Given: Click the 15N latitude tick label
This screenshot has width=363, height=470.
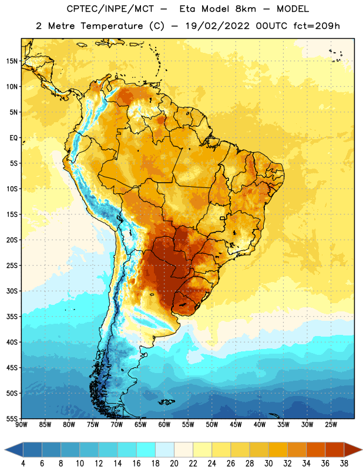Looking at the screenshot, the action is (x=12, y=61).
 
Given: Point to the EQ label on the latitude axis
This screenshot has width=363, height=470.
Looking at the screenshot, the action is (x=14, y=138).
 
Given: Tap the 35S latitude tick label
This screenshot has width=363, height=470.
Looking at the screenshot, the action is (x=12, y=317).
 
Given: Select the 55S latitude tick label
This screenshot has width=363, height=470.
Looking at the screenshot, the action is (x=12, y=418).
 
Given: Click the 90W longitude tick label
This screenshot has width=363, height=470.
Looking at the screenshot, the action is (x=21, y=424).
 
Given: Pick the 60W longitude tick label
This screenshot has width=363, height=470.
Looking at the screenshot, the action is (x=164, y=424).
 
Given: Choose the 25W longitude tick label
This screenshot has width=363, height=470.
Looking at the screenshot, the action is (x=331, y=424).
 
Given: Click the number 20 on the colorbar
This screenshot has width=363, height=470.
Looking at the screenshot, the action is (x=174, y=464).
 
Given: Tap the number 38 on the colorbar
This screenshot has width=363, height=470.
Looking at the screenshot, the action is (x=344, y=464).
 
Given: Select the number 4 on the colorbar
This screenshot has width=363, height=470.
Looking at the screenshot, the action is (x=23, y=464).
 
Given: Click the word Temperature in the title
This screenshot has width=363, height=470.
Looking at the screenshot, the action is (x=112, y=26).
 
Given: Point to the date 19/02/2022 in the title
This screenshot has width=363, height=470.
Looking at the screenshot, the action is (x=217, y=26).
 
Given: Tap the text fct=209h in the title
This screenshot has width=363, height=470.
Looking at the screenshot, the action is (x=317, y=26).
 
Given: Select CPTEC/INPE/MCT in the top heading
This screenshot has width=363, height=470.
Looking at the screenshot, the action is (x=110, y=9).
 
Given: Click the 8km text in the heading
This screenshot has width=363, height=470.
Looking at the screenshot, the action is (x=246, y=9).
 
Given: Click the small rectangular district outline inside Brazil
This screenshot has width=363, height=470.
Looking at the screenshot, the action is (x=223, y=218).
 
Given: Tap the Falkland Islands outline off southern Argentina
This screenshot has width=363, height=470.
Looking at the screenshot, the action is (x=166, y=402).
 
